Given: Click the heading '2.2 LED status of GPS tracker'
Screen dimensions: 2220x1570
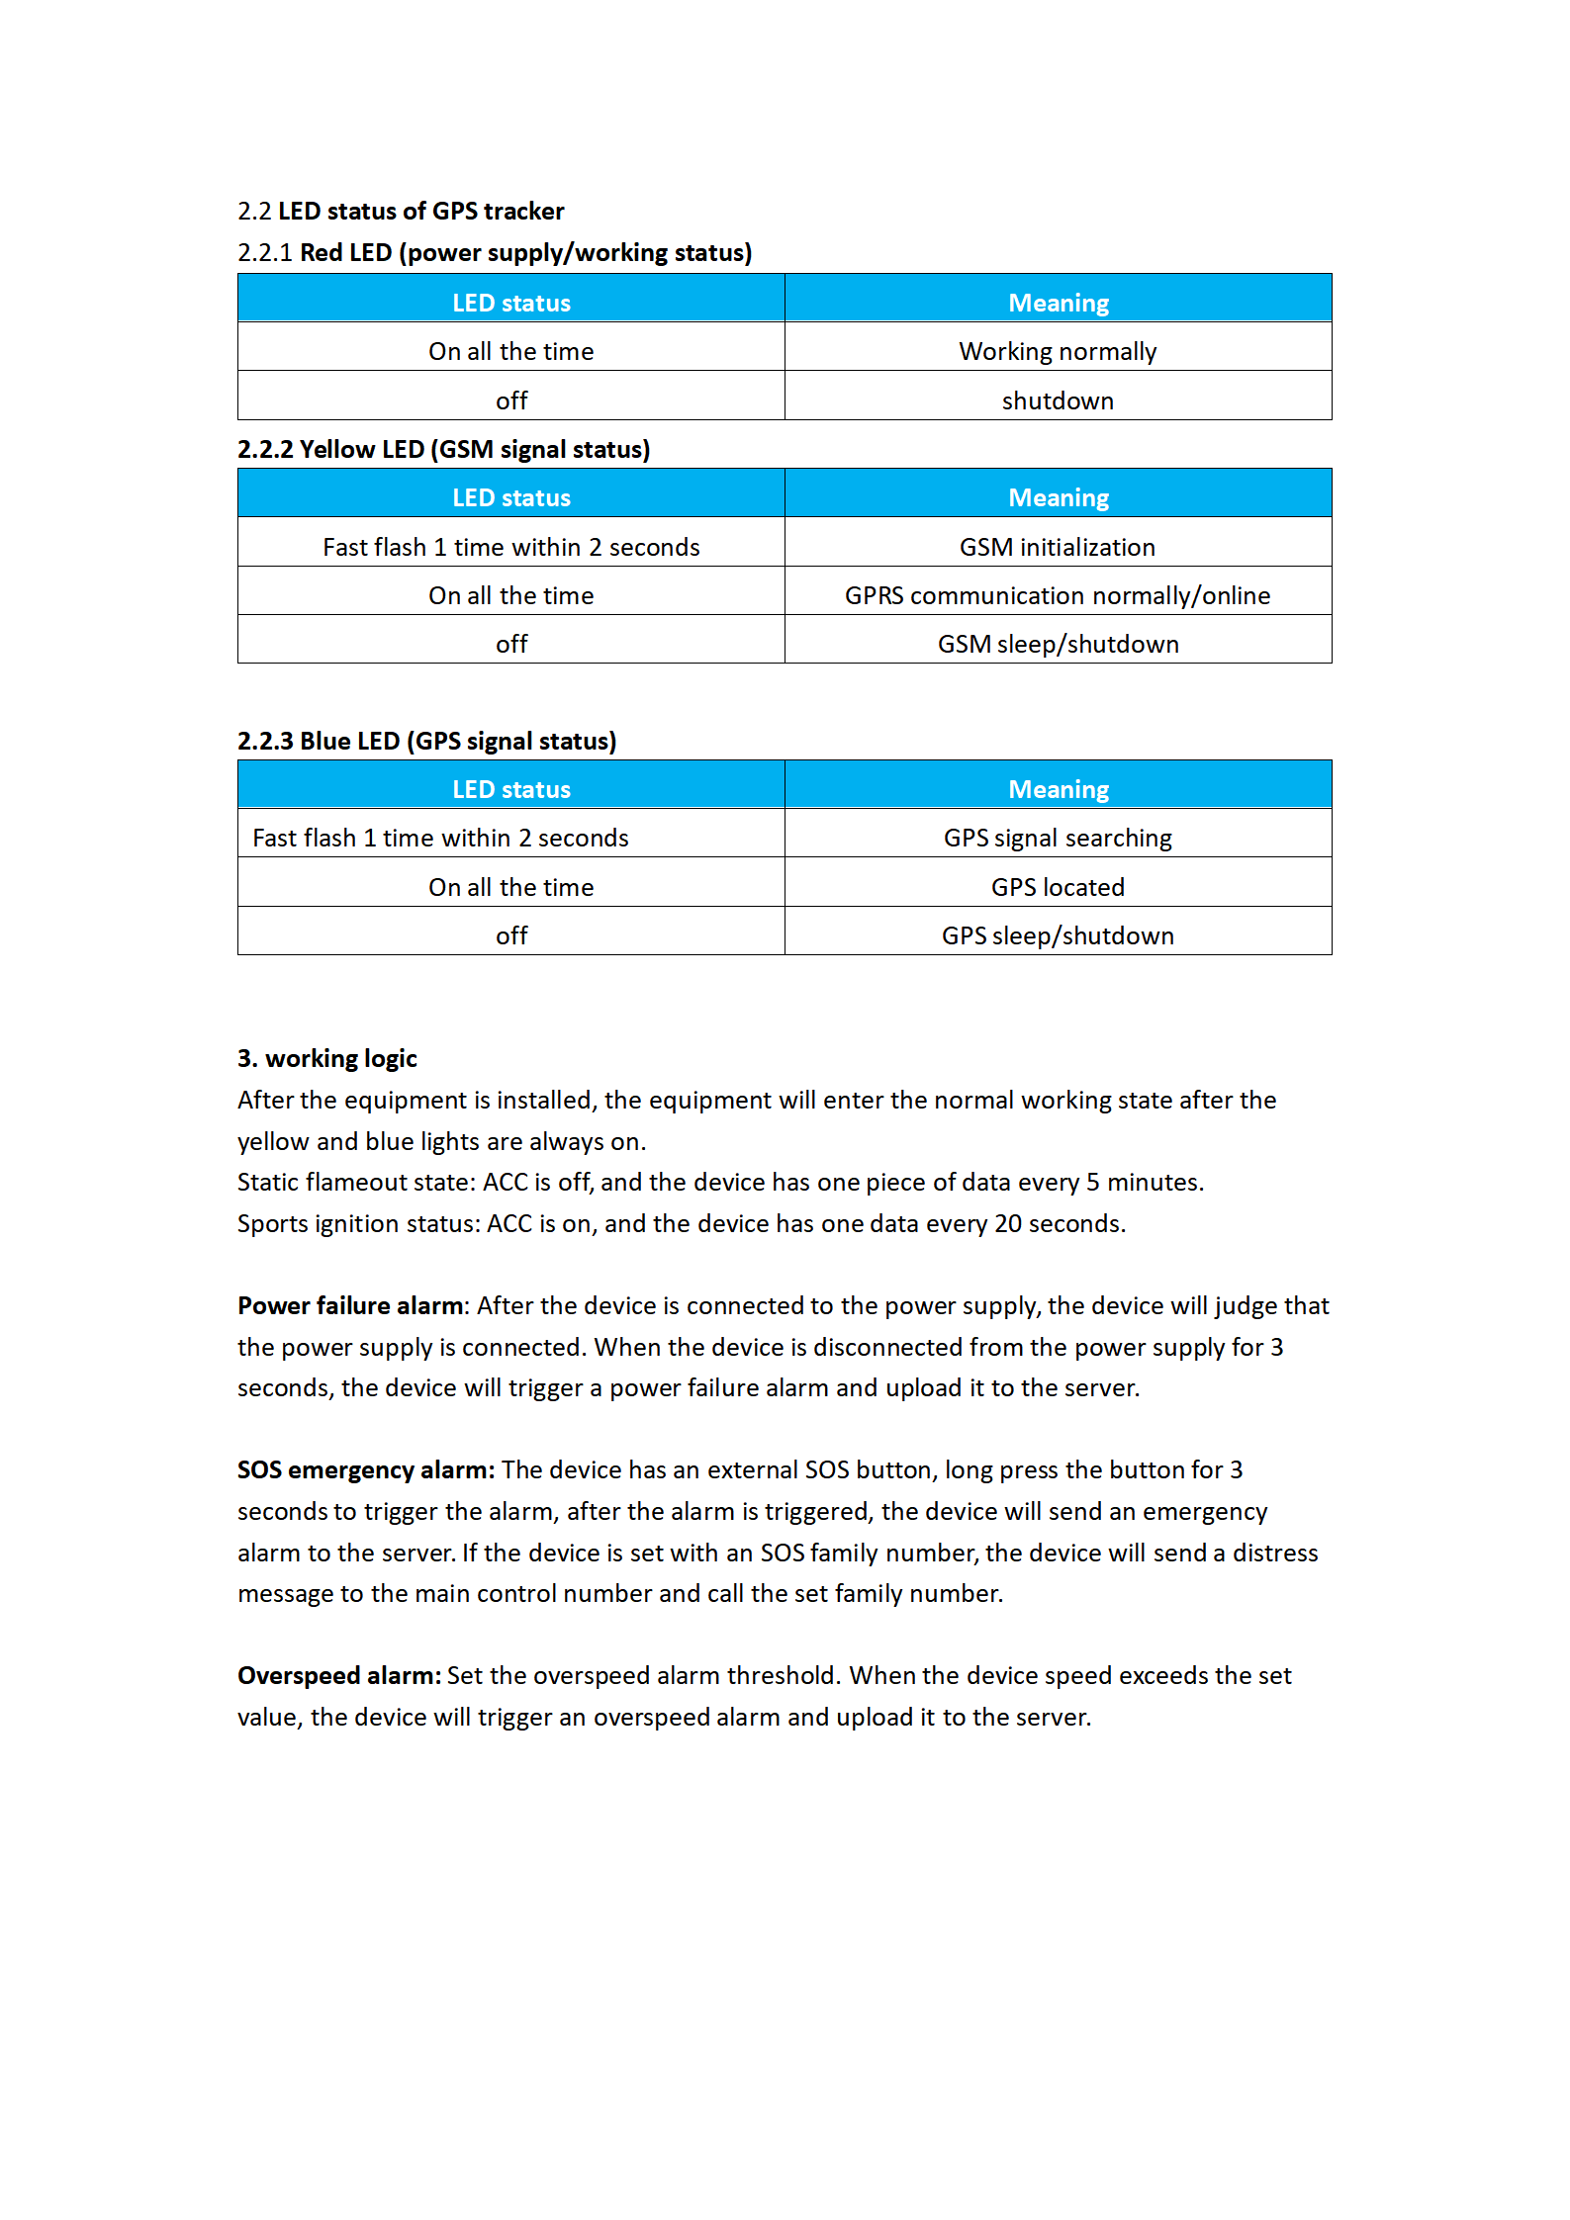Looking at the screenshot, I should pos(401,211).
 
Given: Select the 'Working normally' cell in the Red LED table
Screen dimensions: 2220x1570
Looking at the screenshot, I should pos(1057,351).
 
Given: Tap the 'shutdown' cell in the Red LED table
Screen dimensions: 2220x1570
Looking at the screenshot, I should pos(1057,400).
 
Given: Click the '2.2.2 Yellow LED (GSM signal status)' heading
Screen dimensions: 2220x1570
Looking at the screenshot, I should pos(443,449).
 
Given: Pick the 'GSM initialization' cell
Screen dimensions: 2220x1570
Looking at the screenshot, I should pos(1057,547).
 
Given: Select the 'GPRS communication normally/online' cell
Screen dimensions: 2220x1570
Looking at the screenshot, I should pos(1057,595).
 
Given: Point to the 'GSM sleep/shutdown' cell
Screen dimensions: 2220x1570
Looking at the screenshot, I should pos(1057,644).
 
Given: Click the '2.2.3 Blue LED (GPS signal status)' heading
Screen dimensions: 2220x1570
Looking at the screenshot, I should pos(426,741).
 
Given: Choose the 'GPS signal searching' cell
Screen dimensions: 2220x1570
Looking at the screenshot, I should pos(1057,838).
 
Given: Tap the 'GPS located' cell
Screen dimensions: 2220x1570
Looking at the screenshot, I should pos(1057,887).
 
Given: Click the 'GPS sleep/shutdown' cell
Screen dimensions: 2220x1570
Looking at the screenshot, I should pos(1057,935).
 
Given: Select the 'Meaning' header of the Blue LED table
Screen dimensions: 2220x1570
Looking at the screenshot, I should pos(1058,789).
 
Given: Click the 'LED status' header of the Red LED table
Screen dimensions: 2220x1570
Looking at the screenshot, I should pos(511,303).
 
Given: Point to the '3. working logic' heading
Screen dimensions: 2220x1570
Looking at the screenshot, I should pos(326,1058).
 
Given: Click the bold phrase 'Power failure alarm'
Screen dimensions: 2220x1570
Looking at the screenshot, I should pos(350,1305).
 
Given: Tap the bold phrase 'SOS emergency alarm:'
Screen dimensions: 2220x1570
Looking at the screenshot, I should pos(365,1469).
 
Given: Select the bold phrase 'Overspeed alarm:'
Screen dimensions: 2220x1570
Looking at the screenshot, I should pos(339,1675).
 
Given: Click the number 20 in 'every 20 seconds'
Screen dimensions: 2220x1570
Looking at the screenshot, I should pos(1007,1223).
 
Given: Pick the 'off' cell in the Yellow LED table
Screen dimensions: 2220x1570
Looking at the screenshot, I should pos(511,644).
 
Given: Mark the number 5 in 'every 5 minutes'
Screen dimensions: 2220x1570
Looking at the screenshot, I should pos(1092,1182).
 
